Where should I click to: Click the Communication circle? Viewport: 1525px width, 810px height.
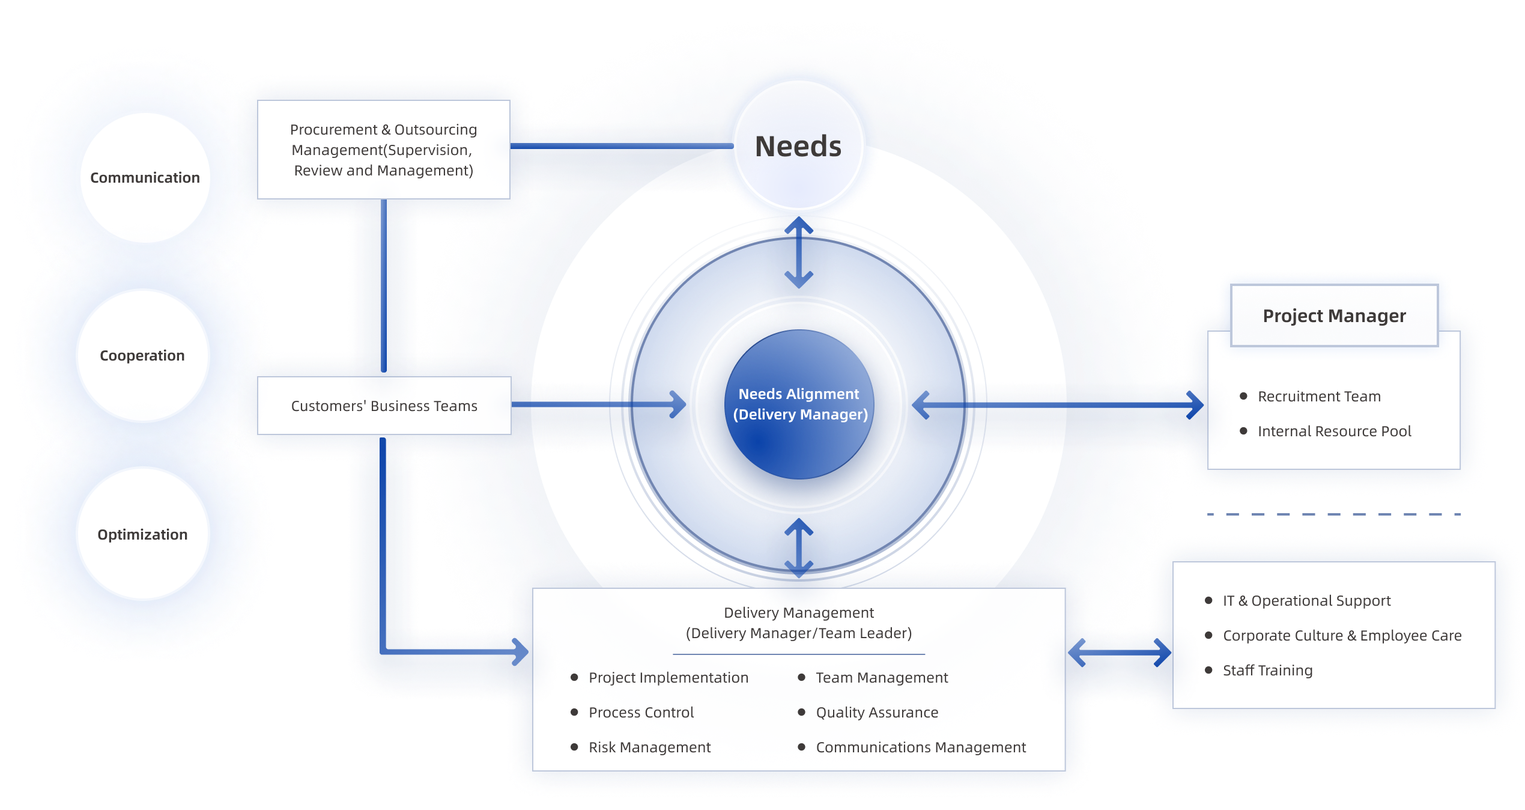click(144, 178)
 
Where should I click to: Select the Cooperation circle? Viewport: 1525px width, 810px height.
click(142, 356)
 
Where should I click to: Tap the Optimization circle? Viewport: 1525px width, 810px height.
click(142, 534)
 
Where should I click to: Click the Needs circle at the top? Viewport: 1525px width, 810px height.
click(798, 147)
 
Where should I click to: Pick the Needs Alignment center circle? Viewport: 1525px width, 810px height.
click(799, 404)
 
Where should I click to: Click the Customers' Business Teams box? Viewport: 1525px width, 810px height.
click(384, 406)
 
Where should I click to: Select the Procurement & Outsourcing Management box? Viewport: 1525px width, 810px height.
click(384, 150)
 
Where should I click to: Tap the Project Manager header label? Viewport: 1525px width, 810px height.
click(1334, 316)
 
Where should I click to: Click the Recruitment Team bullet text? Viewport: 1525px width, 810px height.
click(1319, 397)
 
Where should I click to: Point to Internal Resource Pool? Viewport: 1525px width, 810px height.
click(1334, 431)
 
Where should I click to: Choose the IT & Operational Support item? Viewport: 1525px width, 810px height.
click(1306, 601)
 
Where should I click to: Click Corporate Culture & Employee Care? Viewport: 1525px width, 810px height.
click(1342, 636)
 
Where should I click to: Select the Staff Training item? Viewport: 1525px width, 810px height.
click(1267, 671)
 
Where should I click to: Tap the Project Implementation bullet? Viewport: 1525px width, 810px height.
click(668, 678)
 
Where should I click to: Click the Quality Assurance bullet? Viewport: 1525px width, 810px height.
click(876, 713)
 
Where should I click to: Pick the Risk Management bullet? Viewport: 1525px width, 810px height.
click(649, 748)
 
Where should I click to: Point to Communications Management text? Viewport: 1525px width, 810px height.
click(920, 748)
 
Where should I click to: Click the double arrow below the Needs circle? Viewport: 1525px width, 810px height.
click(799, 252)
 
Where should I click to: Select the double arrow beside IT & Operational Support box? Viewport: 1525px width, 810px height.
click(1120, 652)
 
